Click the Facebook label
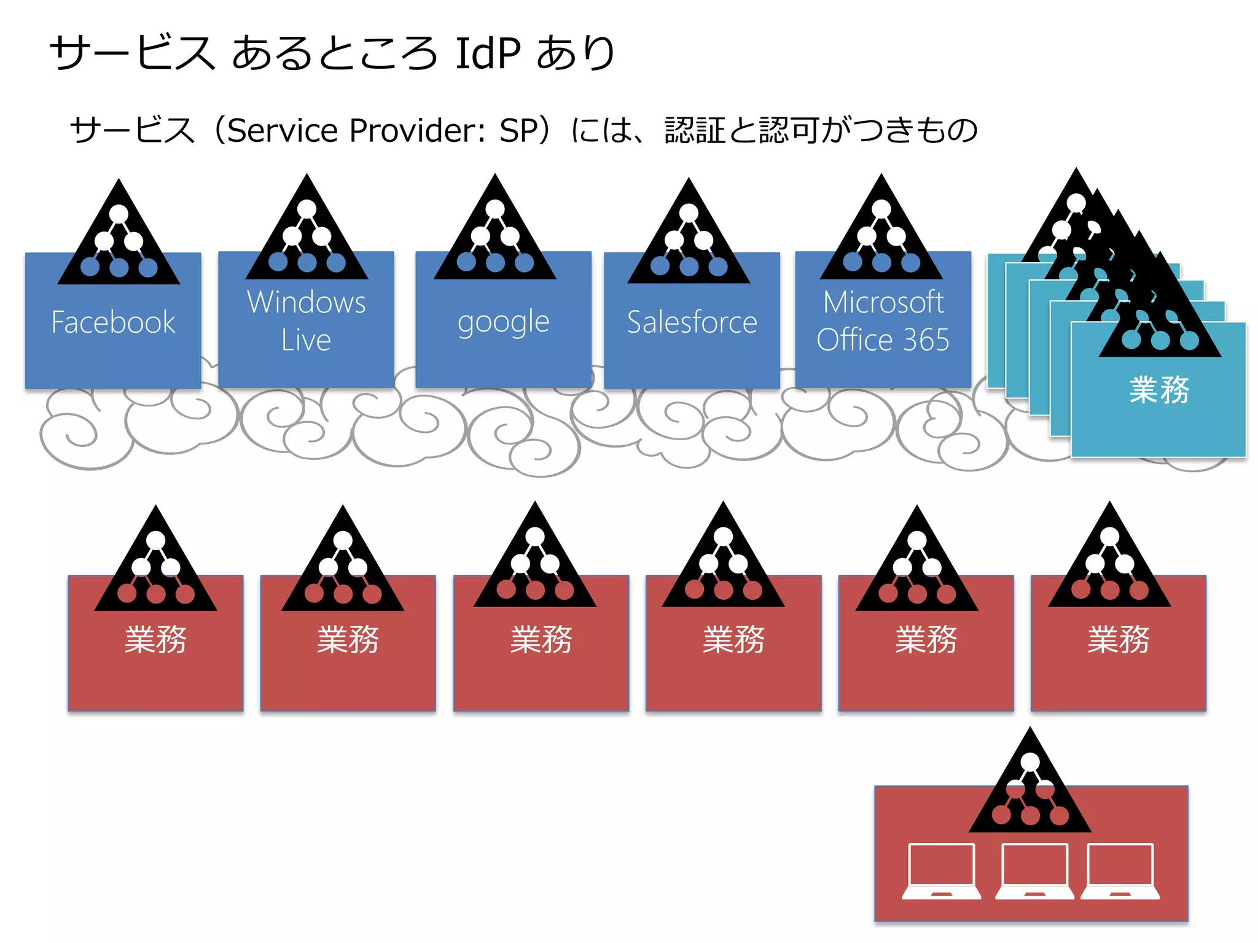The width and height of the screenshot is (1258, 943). pos(113,322)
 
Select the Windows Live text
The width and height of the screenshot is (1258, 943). pos(306,320)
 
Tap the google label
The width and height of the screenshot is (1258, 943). pos(503,322)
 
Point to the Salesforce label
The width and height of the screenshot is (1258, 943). pos(692,322)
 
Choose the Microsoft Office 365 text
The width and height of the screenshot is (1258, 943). pos(883,320)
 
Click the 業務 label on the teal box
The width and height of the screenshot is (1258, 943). pos(1159,390)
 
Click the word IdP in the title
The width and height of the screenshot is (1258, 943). pos(488,53)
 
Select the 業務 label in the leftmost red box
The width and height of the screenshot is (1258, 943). pos(155,640)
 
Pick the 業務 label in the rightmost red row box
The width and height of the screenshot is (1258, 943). pos(1118,640)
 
